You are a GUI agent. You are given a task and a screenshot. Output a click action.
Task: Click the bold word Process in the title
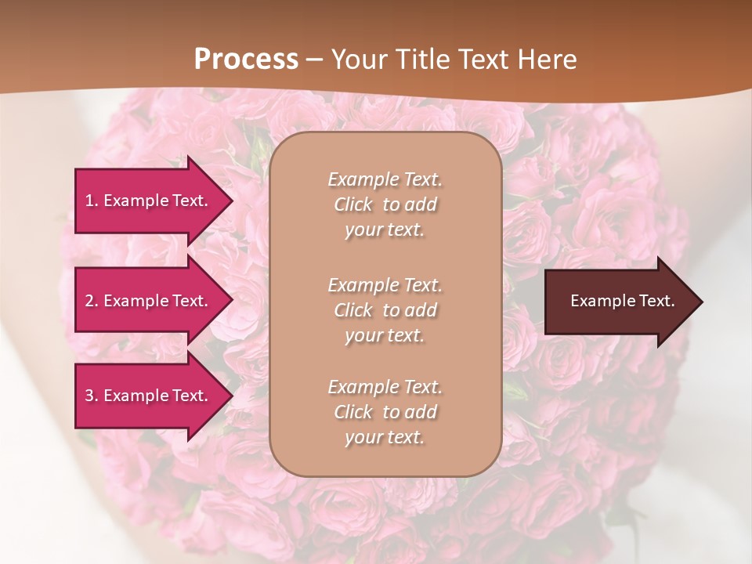(x=246, y=59)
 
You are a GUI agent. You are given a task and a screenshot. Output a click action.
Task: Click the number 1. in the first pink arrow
(x=92, y=201)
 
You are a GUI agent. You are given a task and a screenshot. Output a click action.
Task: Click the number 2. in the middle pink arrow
(x=92, y=301)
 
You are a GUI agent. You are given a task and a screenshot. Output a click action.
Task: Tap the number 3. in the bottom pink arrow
(x=92, y=396)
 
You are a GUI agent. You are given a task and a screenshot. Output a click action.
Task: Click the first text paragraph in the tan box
(x=385, y=204)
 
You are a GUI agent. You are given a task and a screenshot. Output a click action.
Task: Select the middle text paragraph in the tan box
(x=385, y=310)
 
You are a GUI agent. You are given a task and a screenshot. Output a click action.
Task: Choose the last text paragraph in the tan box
(x=385, y=412)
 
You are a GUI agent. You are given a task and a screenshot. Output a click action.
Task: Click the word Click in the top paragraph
(x=353, y=204)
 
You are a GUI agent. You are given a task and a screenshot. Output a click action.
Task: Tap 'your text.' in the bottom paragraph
(x=385, y=437)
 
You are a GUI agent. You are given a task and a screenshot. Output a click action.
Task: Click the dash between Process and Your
(x=314, y=60)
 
